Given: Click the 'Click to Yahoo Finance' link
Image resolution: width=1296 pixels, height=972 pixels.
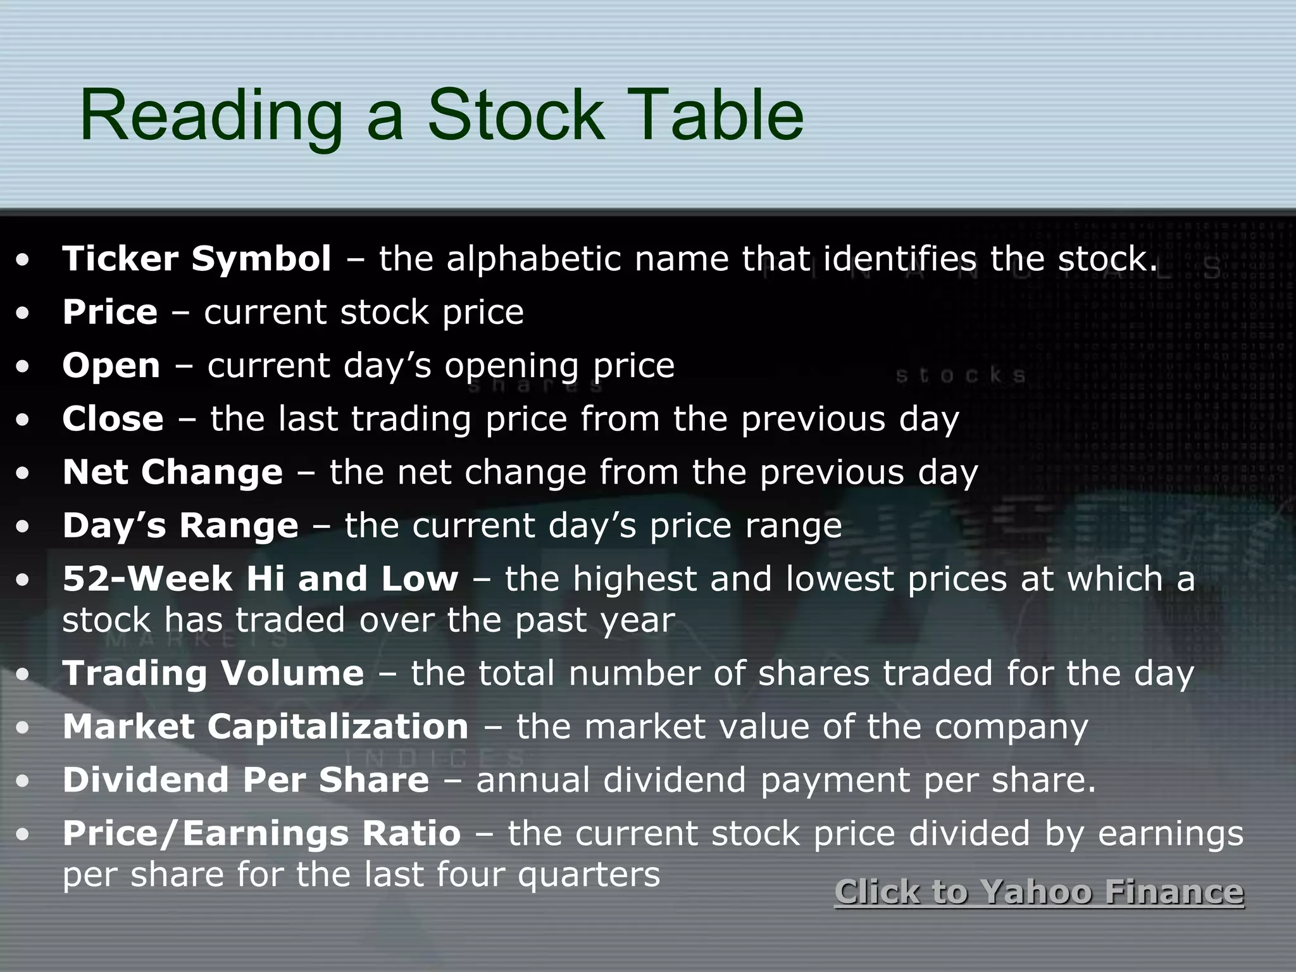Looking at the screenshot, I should (1039, 892).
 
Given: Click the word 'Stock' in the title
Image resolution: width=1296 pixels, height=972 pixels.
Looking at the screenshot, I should (516, 116).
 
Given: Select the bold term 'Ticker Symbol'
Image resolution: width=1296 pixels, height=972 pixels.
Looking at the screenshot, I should (197, 259).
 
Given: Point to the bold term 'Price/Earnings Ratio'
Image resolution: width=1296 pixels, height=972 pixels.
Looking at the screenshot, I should (261, 833).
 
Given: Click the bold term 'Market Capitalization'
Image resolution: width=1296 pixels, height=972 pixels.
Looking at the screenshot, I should (266, 726).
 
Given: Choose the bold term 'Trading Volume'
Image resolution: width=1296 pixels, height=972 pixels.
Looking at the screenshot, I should (213, 673).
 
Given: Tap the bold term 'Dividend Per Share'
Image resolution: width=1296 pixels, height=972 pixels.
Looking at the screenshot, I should (246, 780).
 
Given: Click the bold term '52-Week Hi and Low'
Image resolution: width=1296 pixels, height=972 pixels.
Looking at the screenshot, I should (260, 579).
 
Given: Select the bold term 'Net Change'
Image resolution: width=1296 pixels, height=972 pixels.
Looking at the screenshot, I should (173, 472).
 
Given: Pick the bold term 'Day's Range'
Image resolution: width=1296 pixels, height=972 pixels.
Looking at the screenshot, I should (180, 526).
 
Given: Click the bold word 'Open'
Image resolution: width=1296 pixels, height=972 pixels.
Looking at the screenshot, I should (111, 366).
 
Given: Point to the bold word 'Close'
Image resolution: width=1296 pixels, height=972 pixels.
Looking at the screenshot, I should (113, 419).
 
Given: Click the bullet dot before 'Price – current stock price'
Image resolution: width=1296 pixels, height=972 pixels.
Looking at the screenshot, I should (23, 313).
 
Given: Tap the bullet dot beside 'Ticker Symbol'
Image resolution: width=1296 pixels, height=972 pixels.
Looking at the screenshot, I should (23, 259).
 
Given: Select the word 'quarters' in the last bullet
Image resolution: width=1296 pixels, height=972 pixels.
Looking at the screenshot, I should (589, 875).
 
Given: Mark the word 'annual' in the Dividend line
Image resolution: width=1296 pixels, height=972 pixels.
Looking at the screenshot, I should (533, 780).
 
